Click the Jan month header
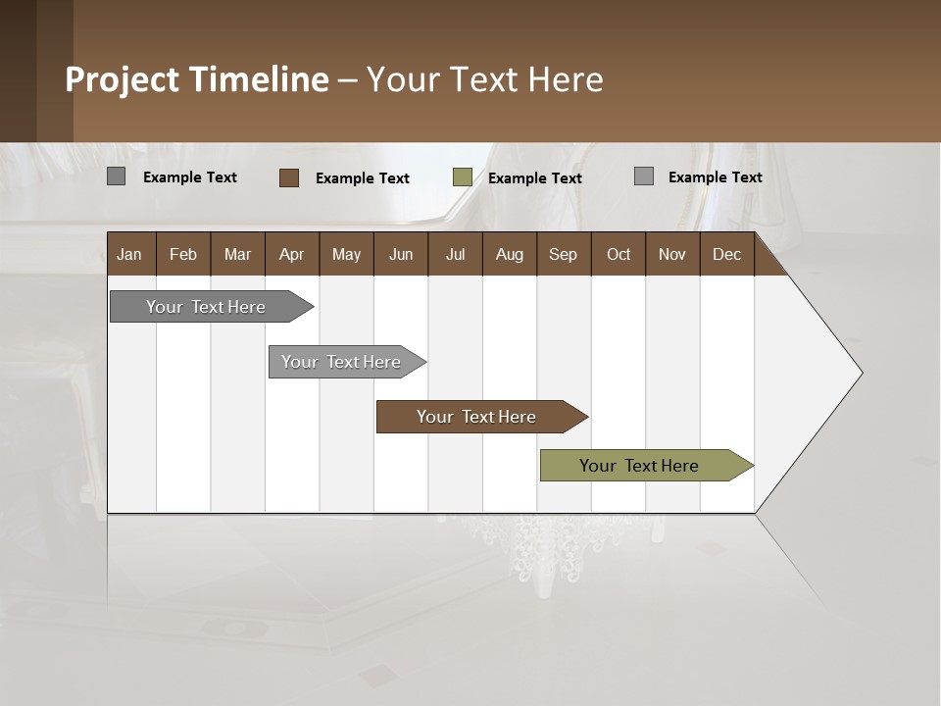coord(129,254)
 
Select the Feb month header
coord(183,254)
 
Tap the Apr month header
coord(291,254)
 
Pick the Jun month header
coord(400,254)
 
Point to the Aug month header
coord(509,254)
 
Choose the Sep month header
coord(563,254)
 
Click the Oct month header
coord(618,254)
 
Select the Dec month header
coord(726,254)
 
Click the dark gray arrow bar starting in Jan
coord(206,307)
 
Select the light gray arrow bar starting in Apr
coord(341,362)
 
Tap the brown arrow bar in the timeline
coord(476,417)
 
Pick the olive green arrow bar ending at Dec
coord(639,466)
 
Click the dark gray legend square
coord(116,176)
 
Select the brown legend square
coord(288,177)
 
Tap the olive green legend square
coord(462,177)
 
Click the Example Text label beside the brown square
coord(362,178)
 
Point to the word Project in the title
coord(122,79)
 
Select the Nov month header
coord(671,254)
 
